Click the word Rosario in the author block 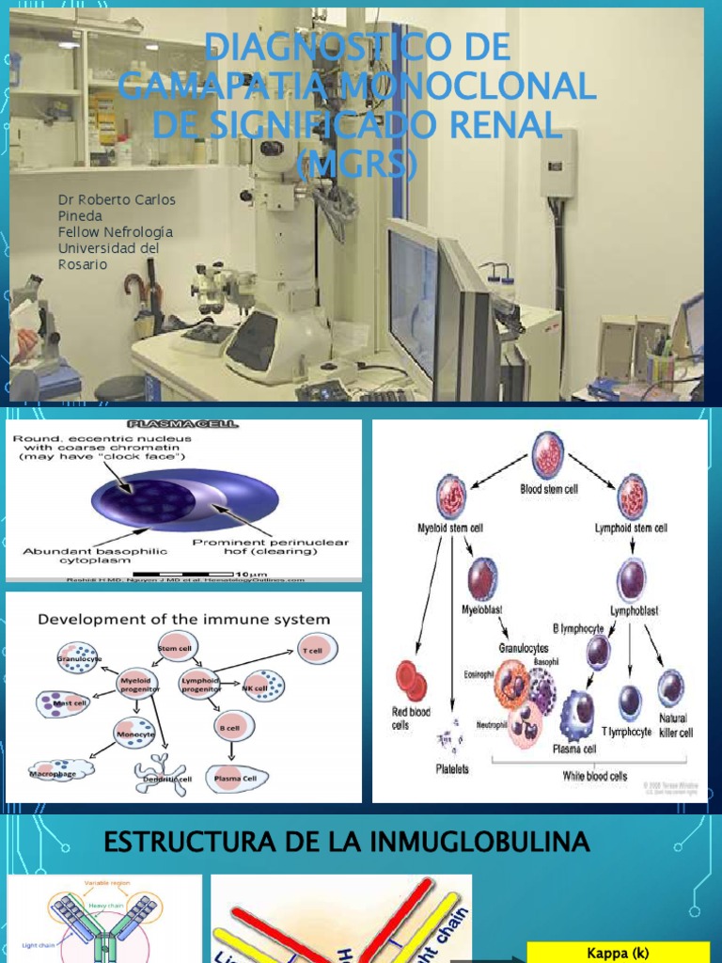tap(83, 264)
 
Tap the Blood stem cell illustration tap(548, 455)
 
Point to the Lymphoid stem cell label tap(632, 528)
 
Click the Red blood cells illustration tap(411, 681)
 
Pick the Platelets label tap(451, 767)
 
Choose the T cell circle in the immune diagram tap(319, 648)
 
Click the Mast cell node tap(63, 703)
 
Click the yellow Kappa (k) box tap(618, 952)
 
